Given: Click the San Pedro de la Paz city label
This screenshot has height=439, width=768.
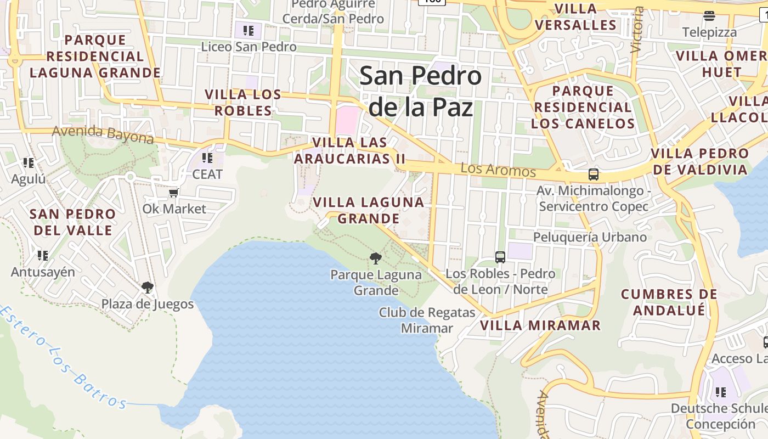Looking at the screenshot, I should [420, 91].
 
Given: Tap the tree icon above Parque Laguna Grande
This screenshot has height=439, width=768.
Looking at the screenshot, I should [376, 258].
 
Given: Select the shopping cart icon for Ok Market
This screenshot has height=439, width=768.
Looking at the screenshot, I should [174, 193].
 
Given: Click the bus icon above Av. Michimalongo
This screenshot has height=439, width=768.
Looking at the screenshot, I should [593, 175].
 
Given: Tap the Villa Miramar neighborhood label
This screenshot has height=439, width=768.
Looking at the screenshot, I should [540, 325].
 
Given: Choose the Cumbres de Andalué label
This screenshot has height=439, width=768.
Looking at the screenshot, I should [669, 302].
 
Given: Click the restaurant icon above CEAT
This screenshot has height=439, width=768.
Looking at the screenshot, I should [207, 158].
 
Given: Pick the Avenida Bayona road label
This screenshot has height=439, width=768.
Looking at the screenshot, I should [103, 134].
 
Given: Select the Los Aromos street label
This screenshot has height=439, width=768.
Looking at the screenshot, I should [498, 170].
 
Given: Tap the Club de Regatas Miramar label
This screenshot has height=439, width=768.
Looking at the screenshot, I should [427, 320].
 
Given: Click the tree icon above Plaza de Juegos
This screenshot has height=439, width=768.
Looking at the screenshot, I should [147, 287].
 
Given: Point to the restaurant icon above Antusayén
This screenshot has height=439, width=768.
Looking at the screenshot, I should [42, 255].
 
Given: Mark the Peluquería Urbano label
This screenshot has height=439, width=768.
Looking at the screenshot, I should [590, 237].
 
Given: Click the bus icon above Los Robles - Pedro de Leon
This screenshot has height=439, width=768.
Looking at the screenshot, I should [500, 256].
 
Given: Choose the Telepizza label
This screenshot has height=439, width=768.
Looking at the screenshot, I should [709, 32].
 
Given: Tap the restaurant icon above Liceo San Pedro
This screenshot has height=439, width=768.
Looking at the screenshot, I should [248, 30].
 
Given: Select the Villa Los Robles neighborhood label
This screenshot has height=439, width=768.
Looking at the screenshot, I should [243, 103].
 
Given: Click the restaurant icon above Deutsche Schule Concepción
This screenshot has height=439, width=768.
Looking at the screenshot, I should [720, 392].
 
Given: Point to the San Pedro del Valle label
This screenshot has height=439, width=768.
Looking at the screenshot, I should [73, 222].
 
